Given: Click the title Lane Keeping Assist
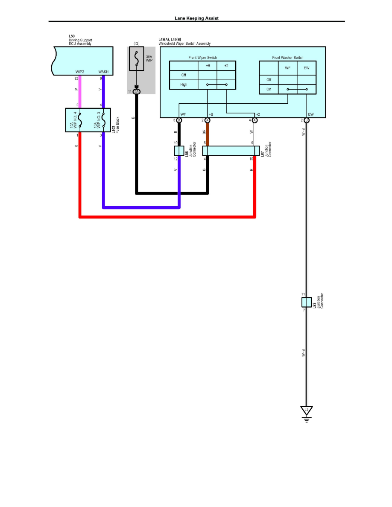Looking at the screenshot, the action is (196, 18).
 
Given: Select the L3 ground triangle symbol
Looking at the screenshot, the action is (306, 410).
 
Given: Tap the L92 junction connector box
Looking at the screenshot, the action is (306, 302).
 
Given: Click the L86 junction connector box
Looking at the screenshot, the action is (179, 151).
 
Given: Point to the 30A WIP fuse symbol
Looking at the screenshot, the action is (137, 58).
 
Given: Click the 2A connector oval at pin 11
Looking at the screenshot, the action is (137, 91).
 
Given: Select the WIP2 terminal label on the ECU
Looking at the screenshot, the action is (79, 72).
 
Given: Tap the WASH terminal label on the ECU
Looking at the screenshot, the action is (103, 72).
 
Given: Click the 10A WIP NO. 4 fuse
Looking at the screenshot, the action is (80, 120).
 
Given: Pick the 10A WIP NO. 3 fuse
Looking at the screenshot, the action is (103, 120).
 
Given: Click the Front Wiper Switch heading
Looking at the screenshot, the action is (203, 58).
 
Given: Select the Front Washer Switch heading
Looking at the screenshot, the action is (287, 58).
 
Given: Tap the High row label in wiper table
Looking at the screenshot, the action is (184, 84).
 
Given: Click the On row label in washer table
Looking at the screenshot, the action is (269, 89).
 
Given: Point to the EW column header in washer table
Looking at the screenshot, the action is (307, 68).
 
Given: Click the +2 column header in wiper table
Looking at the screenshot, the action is (226, 66).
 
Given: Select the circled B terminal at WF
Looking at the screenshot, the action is (179, 120).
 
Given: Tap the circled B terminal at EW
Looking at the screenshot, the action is (306, 120).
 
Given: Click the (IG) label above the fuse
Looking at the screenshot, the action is (137, 44).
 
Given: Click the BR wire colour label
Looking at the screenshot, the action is (204, 132).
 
